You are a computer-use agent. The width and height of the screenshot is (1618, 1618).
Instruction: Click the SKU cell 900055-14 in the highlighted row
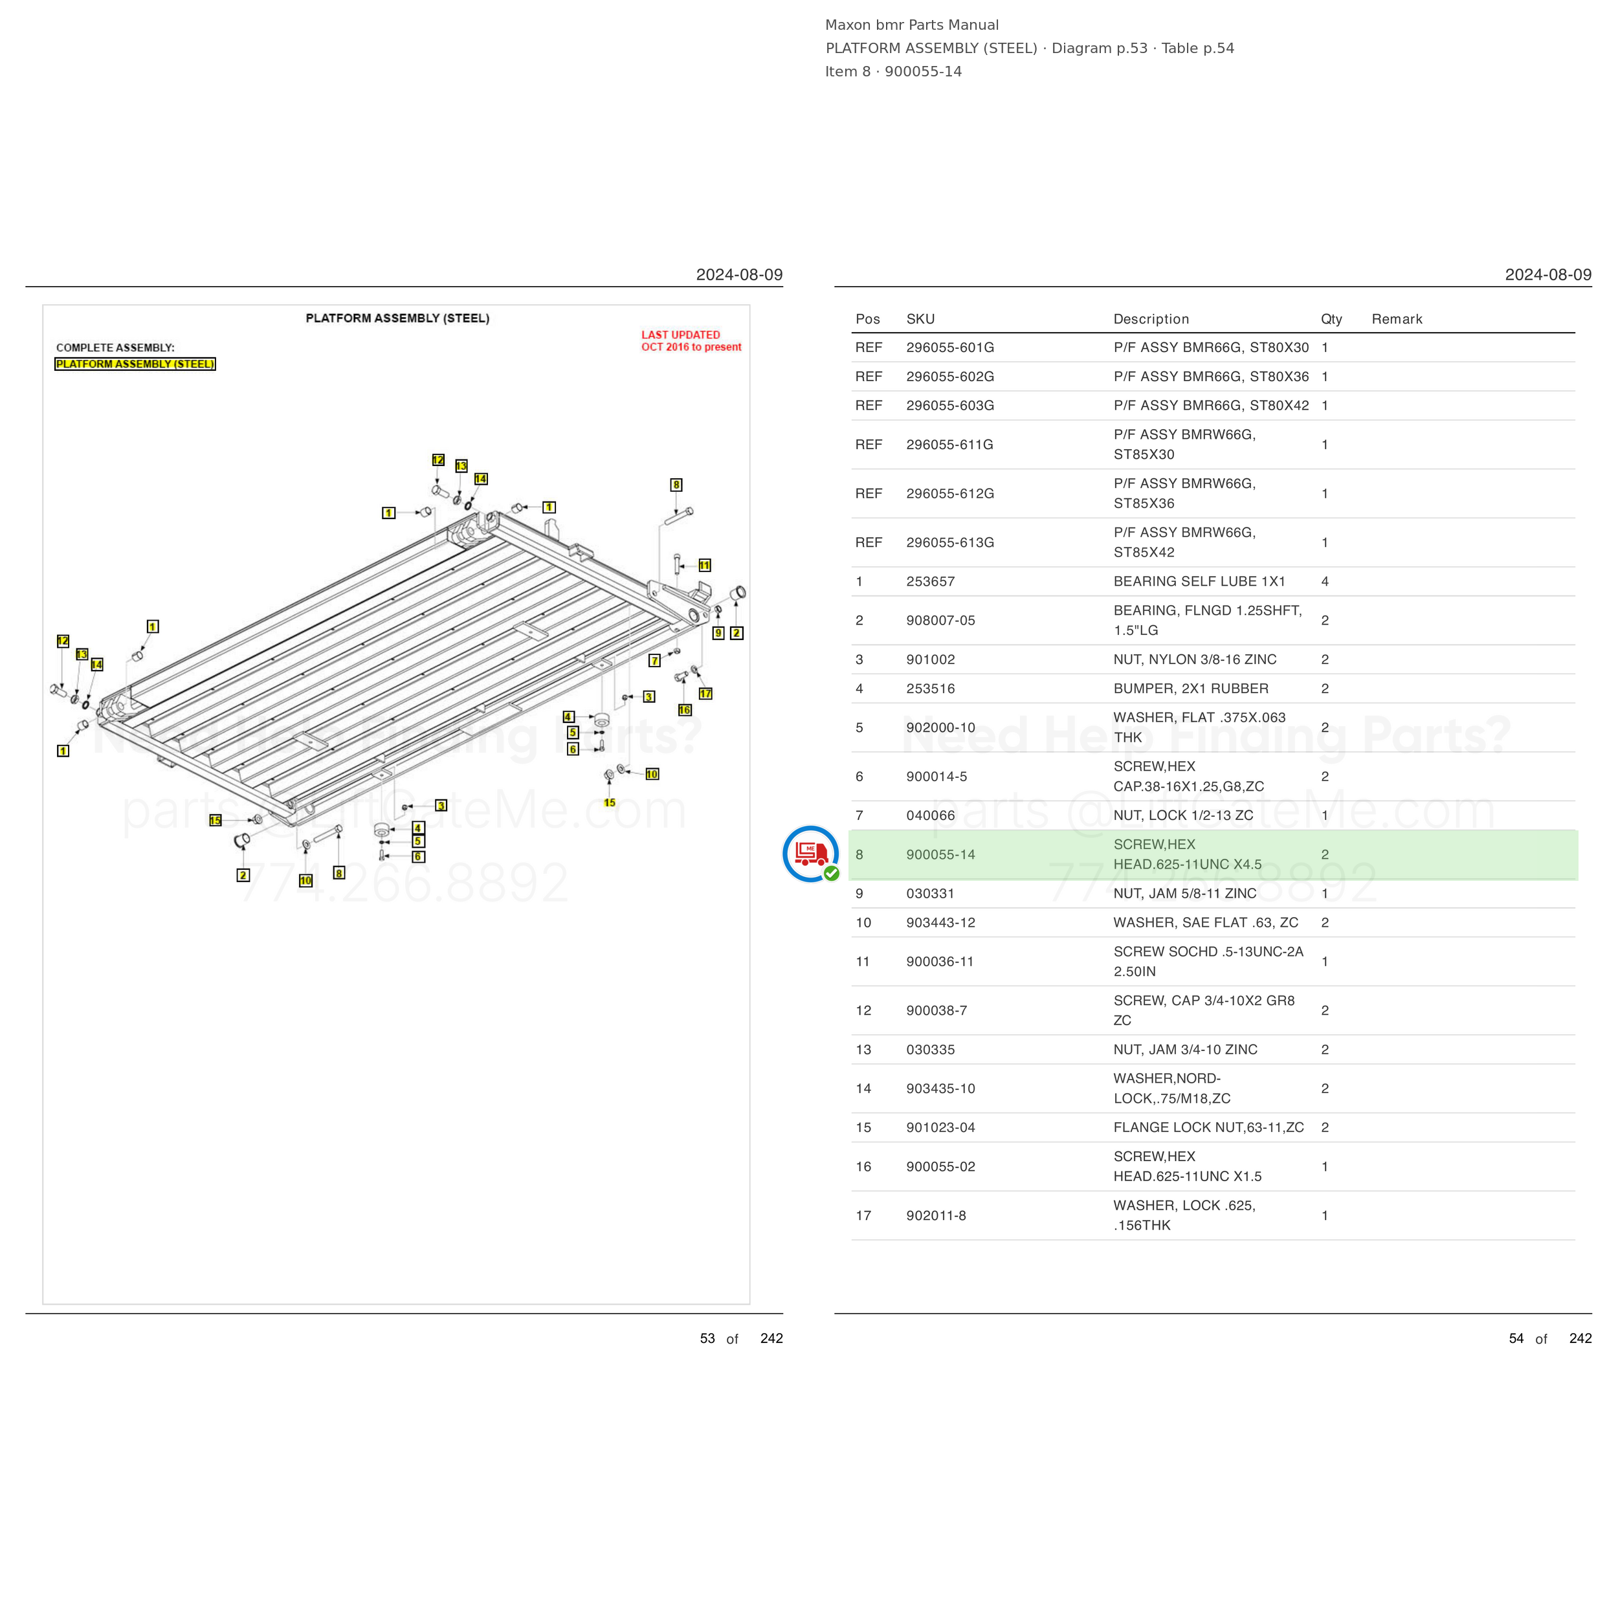point(940,854)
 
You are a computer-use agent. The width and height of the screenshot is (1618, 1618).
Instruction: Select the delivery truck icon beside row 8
point(811,854)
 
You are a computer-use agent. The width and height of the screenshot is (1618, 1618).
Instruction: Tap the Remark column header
point(1397,319)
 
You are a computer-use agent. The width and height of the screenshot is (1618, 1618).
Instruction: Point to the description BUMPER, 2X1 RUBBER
point(1191,689)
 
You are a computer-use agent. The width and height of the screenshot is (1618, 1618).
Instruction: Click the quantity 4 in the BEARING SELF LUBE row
point(1325,581)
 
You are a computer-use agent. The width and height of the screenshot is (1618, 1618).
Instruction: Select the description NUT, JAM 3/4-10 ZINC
point(1185,1049)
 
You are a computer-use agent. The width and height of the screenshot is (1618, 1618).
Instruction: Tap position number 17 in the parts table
point(863,1215)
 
